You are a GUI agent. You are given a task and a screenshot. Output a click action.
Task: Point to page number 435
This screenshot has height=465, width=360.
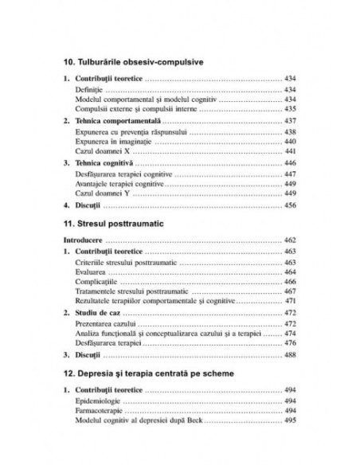pos(291,109)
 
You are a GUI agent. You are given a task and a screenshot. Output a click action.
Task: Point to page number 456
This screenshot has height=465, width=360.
pos(291,205)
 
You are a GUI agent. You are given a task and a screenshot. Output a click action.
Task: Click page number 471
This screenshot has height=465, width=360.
pos(291,303)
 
